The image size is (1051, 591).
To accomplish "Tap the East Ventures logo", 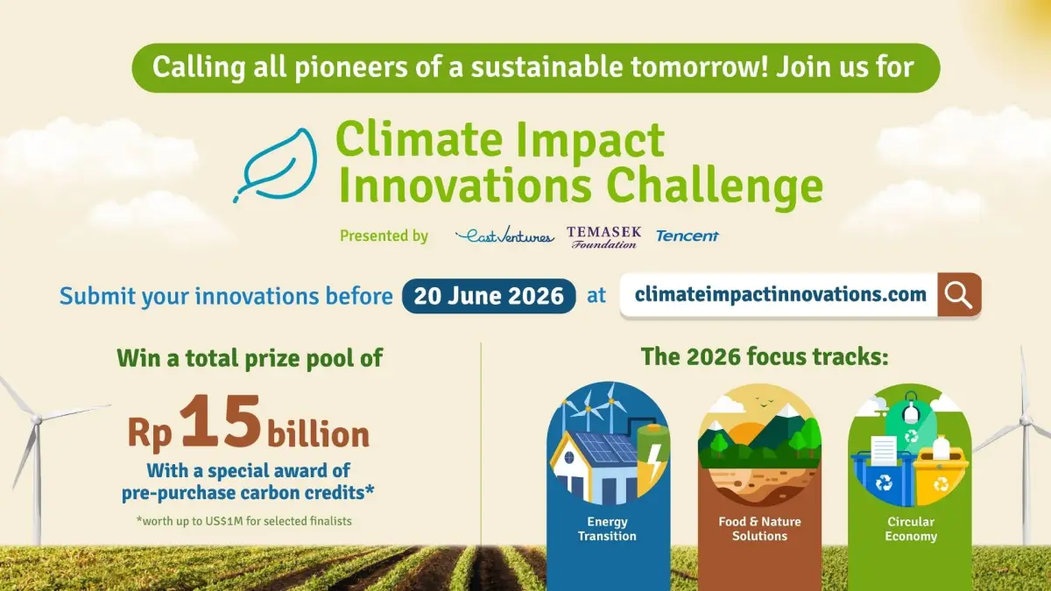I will [504, 236].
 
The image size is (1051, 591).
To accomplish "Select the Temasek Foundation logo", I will [603, 236].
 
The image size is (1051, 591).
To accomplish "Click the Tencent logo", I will [688, 236].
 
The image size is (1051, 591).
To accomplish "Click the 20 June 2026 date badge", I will [489, 296].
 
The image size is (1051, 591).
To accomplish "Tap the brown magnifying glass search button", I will [959, 295].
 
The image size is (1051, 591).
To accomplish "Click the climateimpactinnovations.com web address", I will [779, 295].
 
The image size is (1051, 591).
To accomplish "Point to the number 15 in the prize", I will [222, 422].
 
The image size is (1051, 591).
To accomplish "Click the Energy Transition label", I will [607, 529].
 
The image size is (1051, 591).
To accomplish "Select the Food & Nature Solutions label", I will [758, 529].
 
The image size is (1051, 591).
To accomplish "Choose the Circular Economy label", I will [910, 529].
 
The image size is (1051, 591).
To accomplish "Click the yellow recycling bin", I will [940, 474].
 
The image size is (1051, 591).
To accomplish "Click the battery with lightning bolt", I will [652, 455].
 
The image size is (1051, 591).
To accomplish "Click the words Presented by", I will [384, 236].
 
